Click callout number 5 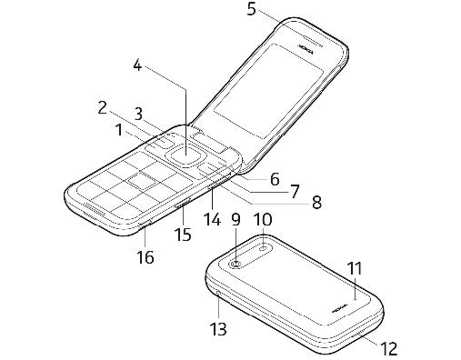252,11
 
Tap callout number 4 138,65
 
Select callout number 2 104,108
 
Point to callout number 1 119,130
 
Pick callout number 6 274,179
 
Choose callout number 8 316,203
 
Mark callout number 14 212,219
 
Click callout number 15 183,235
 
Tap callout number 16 145,257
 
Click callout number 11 355,268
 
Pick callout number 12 388,346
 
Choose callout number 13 218,327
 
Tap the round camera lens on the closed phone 236,265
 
